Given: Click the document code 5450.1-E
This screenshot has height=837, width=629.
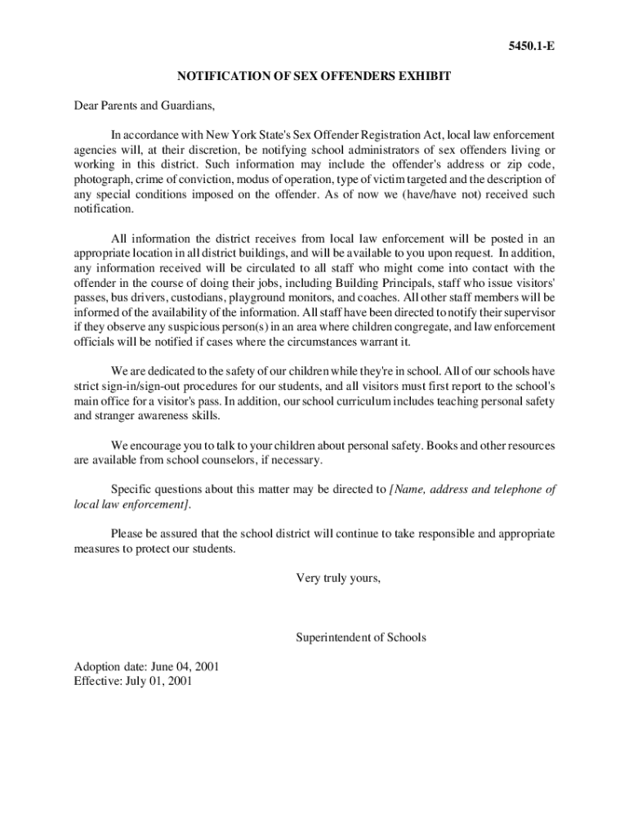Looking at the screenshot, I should click(531, 47).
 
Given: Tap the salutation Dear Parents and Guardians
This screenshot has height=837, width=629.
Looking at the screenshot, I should click(144, 105).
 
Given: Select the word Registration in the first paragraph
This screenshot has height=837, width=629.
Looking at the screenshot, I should click(384, 135).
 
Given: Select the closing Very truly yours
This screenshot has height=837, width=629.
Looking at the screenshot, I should click(337, 578).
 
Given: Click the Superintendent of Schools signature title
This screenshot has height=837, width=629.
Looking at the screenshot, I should click(360, 637).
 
